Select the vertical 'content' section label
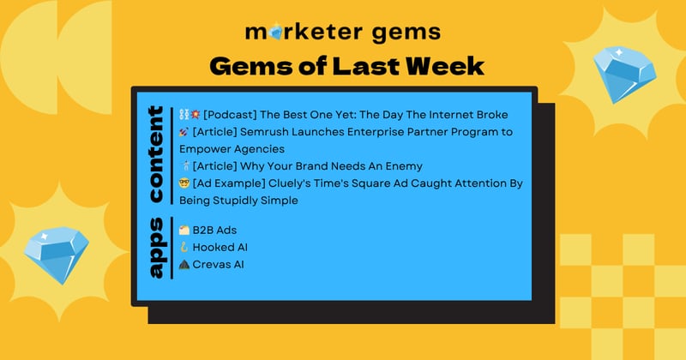(155, 154)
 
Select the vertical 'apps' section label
(155, 247)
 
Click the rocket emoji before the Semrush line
(184, 132)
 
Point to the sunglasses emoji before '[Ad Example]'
(184, 183)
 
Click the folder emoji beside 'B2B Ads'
(184, 231)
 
